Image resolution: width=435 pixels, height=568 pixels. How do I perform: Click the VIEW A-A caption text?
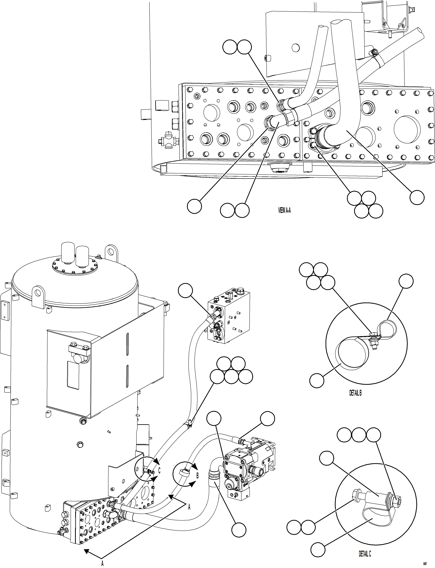coord(284,210)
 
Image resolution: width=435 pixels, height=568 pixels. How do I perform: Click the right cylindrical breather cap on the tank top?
coord(82,256)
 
